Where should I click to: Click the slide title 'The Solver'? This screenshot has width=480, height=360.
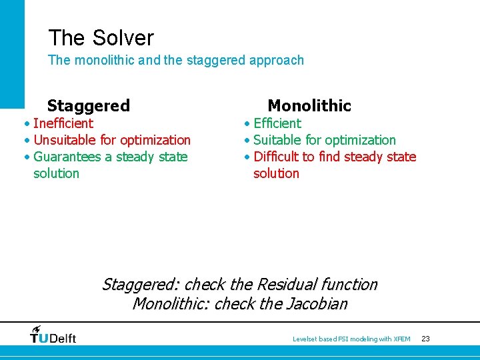(101, 38)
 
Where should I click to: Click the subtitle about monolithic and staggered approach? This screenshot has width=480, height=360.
(175, 60)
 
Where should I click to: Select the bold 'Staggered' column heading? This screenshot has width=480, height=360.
(88, 105)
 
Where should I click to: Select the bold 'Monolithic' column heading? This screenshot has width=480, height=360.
(309, 105)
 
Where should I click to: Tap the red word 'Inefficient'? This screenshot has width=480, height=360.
(63, 123)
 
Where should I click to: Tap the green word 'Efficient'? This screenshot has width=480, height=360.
(277, 123)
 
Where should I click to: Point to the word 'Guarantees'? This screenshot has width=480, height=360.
(68, 157)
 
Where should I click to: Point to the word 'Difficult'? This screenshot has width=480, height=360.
(276, 157)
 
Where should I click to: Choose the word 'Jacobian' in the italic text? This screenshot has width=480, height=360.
(319, 304)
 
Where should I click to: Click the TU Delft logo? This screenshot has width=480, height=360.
(53, 335)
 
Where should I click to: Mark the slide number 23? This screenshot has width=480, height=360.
(425, 339)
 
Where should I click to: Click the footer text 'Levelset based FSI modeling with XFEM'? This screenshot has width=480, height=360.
(351, 339)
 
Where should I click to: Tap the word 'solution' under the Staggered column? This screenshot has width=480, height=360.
(56, 173)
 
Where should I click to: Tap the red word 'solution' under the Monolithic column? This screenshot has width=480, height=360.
(276, 173)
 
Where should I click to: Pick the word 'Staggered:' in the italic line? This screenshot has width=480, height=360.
(140, 285)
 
